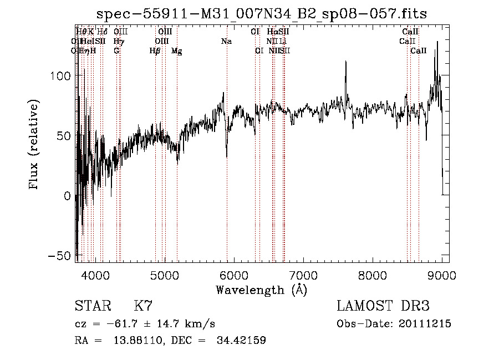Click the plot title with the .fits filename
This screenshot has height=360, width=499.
coord(262,13)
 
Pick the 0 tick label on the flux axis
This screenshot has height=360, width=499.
coord(67,196)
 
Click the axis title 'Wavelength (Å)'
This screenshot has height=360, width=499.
coord(261,289)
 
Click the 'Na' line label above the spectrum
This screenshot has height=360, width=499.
coord(226,41)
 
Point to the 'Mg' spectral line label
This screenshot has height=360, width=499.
coord(176,51)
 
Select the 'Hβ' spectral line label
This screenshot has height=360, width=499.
coord(155,51)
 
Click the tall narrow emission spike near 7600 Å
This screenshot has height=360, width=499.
coord(346,63)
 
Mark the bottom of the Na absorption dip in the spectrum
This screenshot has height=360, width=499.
coord(227,156)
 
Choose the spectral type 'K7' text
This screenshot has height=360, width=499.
coord(143,306)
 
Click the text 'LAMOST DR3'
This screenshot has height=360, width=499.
coord(383,306)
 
